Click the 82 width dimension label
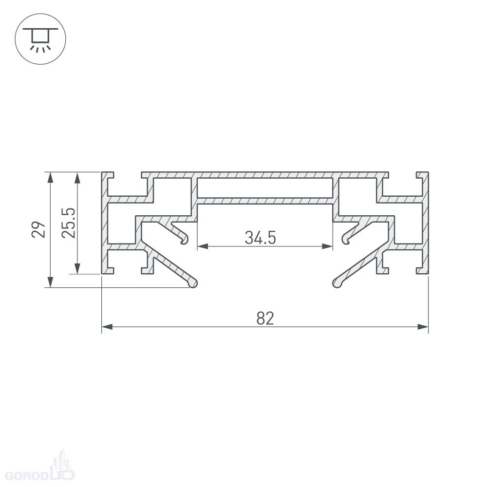[265, 318]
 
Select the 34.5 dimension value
[260, 238]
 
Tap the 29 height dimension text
[38, 229]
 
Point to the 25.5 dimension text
[68, 223]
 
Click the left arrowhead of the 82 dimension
[107, 327]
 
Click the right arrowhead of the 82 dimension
[423, 327]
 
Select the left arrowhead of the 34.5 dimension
[203, 246]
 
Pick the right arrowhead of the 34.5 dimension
[327, 246]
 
